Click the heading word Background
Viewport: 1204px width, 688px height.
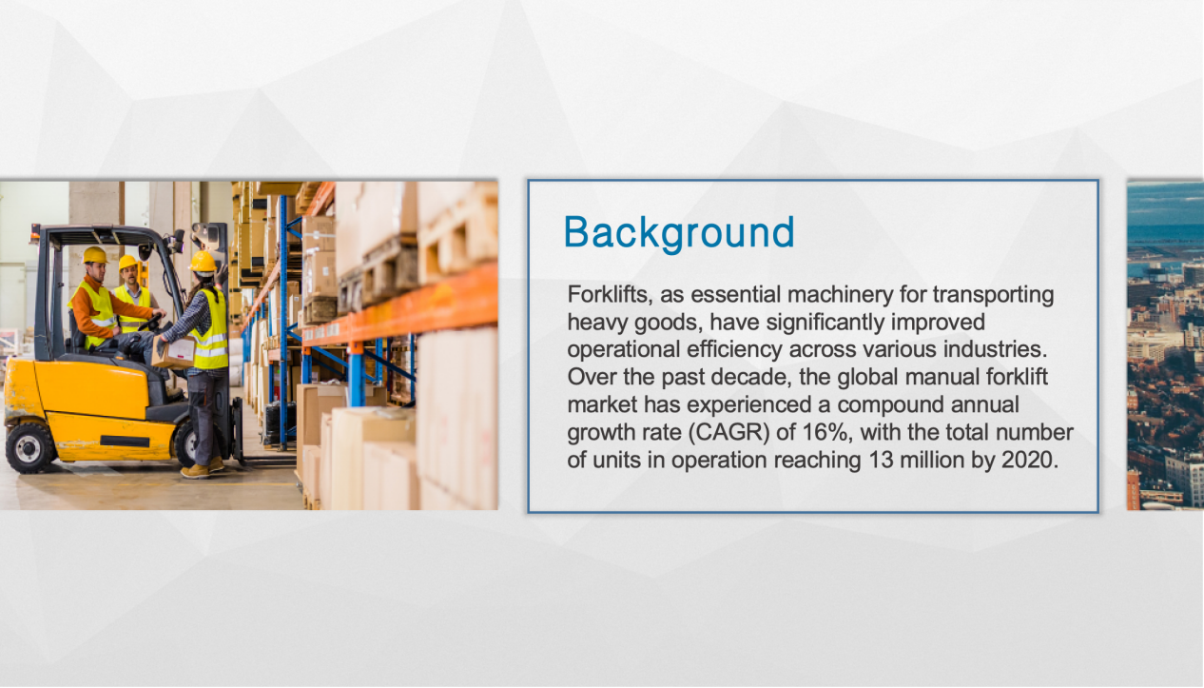(x=679, y=232)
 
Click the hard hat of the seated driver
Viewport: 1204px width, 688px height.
(x=94, y=255)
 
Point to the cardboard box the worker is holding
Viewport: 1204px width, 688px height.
(x=174, y=351)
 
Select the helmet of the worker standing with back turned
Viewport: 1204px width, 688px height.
(x=203, y=262)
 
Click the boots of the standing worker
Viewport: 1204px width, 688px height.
(x=204, y=468)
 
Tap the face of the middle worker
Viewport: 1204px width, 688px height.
(x=129, y=275)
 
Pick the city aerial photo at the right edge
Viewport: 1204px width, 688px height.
(x=1165, y=345)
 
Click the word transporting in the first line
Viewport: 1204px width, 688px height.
(x=993, y=295)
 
